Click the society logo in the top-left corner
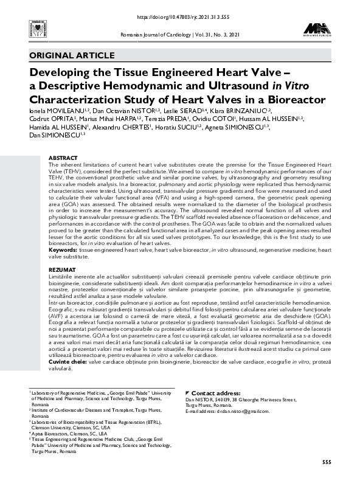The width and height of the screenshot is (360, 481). tap(29, 30)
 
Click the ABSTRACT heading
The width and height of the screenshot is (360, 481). tap(63, 157)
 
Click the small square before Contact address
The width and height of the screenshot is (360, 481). tap(187, 393)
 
